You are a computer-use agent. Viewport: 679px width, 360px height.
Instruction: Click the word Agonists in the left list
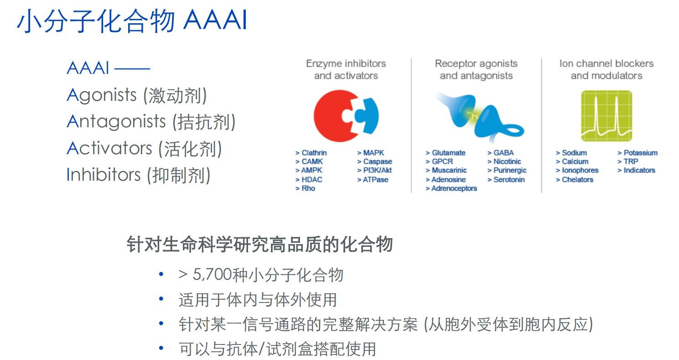click(102, 95)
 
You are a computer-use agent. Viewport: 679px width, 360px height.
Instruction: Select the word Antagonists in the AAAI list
click(116, 122)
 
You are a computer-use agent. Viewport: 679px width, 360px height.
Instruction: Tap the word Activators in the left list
click(109, 148)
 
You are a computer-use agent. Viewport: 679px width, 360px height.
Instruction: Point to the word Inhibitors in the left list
click(104, 175)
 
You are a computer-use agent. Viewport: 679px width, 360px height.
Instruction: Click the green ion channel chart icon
click(606, 116)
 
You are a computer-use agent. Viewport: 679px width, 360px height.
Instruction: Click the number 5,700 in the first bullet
click(212, 275)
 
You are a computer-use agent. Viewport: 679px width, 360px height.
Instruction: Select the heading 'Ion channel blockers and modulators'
click(606, 69)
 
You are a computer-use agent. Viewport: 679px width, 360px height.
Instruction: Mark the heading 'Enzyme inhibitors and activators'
click(346, 69)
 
